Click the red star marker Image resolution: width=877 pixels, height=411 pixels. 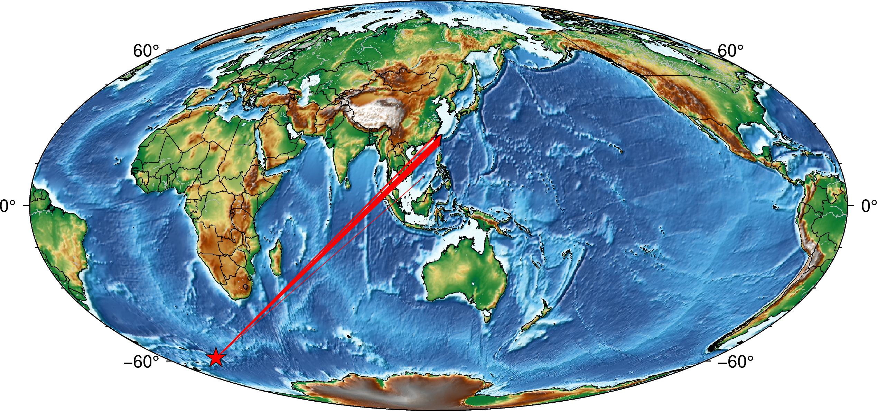(216, 357)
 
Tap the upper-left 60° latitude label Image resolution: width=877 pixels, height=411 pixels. (146, 51)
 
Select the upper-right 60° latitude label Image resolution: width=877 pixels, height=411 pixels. (730, 51)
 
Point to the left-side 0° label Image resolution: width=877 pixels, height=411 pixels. (8, 206)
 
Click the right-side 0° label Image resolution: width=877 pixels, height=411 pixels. (868, 206)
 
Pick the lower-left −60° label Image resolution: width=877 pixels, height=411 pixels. (141, 362)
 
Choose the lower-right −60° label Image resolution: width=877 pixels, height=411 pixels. (736, 362)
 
